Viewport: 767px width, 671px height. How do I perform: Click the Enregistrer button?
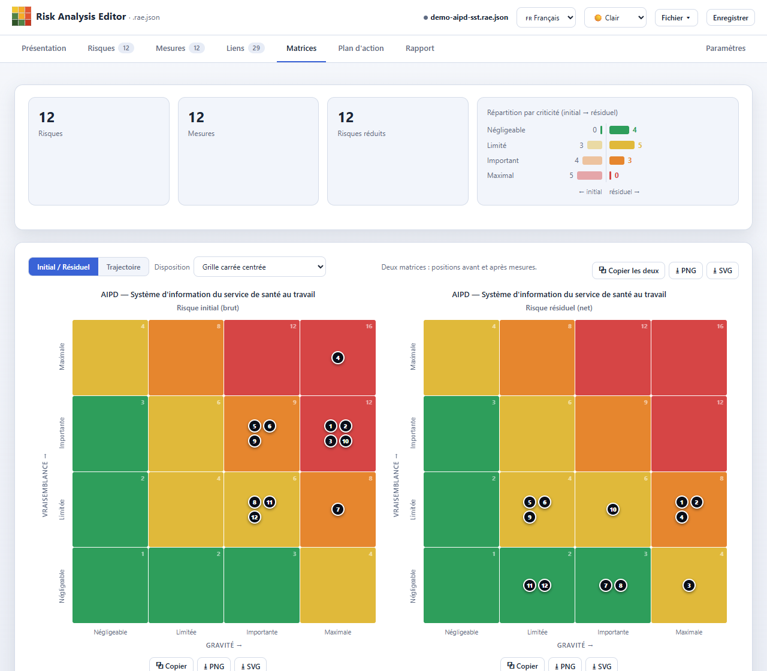point(730,17)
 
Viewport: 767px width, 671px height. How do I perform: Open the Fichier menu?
point(676,17)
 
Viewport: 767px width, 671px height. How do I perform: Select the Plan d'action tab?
point(361,48)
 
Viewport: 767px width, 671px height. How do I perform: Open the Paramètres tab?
point(726,48)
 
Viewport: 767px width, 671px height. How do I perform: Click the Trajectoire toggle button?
point(123,267)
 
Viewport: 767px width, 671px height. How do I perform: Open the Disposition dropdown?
point(259,267)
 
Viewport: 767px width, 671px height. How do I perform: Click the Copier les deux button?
point(629,270)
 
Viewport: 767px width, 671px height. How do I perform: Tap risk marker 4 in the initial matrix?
point(338,358)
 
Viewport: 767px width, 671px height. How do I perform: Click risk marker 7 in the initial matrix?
point(338,509)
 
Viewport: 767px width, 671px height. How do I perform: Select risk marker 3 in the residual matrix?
point(689,585)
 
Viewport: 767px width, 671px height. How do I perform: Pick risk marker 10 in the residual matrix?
point(613,509)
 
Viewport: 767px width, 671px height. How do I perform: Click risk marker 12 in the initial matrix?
point(255,517)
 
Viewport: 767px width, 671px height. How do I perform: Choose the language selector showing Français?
point(546,17)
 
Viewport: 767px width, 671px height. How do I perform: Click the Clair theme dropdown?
point(615,17)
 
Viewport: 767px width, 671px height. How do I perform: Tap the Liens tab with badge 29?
point(245,48)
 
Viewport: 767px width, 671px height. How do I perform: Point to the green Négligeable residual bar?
point(619,130)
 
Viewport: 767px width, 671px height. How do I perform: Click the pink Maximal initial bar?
point(589,176)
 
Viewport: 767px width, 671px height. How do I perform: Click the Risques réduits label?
point(361,134)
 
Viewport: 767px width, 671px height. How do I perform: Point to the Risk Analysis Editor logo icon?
point(22,16)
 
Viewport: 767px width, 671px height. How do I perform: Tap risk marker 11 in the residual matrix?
point(529,585)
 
